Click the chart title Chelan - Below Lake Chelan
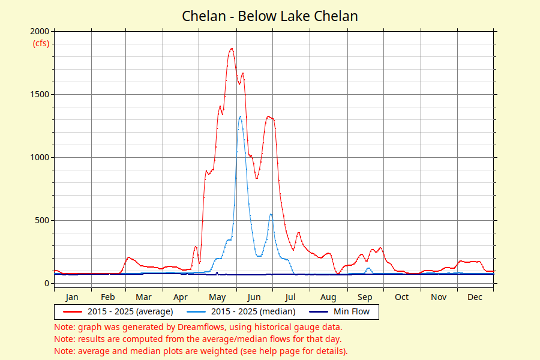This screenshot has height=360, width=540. click(x=270, y=16)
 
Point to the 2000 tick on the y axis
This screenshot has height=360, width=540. click(x=41, y=31)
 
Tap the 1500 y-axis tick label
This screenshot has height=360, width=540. click(x=41, y=94)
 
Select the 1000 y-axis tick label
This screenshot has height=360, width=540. click(x=41, y=157)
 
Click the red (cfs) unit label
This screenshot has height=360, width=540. click(x=41, y=43)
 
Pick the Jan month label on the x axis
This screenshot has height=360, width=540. click(x=72, y=297)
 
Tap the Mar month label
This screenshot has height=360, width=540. click(x=143, y=297)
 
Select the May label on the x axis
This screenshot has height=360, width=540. click(x=217, y=297)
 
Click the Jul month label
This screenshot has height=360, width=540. click(x=290, y=297)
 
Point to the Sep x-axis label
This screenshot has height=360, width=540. click(x=365, y=297)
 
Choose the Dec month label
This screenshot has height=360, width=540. click(x=475, y=297)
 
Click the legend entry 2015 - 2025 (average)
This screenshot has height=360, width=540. click(x=130, y=311)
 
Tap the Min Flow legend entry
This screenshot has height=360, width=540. click(x=352, y=311)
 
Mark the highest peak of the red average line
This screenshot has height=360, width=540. click(x=232, y=49)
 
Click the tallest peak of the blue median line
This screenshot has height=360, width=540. click(x=240, y=116)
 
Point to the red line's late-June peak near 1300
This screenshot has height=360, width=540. click(x=268, y=116)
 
